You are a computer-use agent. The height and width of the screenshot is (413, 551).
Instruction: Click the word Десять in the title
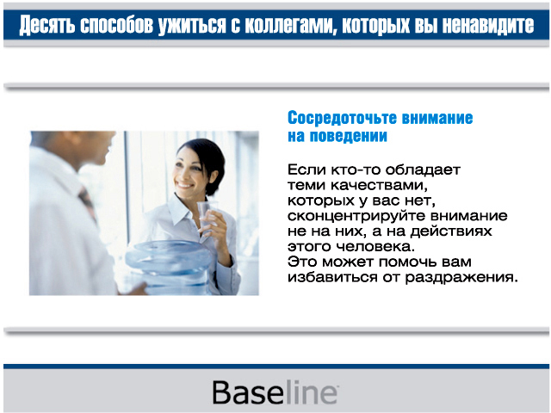[46, 25]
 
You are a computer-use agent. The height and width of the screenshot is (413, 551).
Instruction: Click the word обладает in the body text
[423, 170]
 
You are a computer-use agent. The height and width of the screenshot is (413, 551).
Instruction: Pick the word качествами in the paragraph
[379, 186]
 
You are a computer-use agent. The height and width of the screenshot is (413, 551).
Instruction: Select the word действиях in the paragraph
[451, 231]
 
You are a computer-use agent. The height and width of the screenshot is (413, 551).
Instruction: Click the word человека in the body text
[375, 247]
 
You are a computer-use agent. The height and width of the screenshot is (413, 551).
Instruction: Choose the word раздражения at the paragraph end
[461, 278]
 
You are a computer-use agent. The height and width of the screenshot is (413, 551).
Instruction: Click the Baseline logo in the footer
[275, 392]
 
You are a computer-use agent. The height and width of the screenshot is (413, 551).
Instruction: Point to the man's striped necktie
[88, 204]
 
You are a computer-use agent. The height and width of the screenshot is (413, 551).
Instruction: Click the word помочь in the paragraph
[407, 262]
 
